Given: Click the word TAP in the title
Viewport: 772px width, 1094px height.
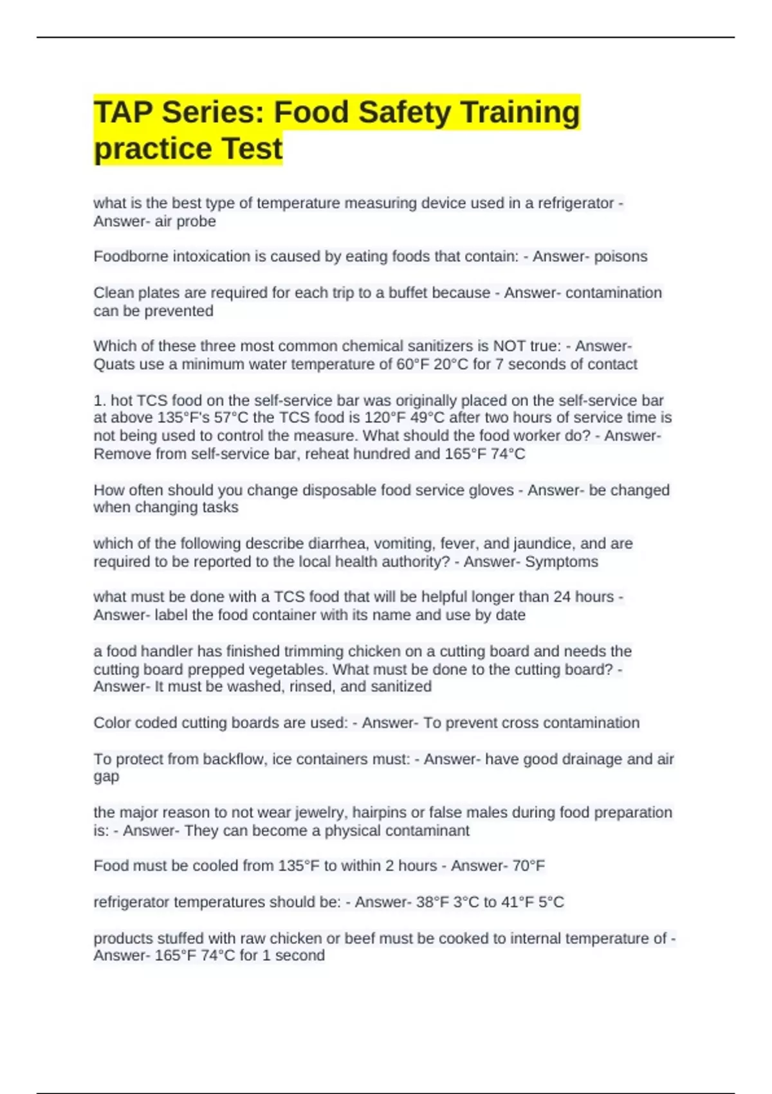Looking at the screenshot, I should coord(122,112).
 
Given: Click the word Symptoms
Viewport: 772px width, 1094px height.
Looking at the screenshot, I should coord(562,562).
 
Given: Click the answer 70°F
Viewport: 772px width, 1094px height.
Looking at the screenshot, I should coord(528,866).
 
